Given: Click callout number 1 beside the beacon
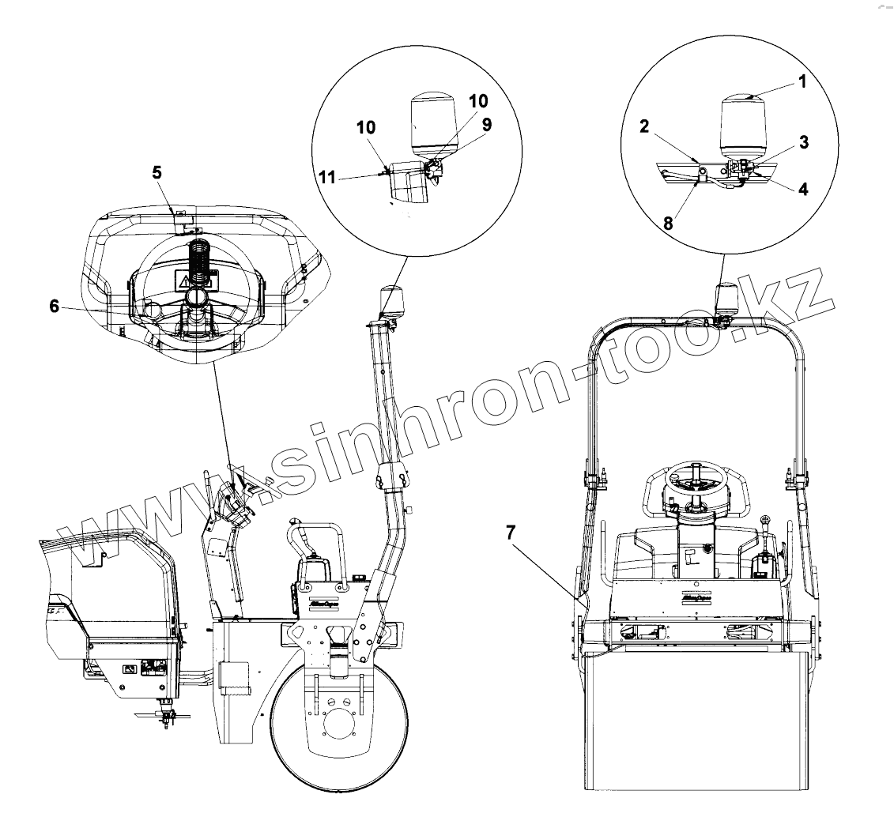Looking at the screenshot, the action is click(x=802, y=81).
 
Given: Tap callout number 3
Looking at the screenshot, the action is click(x=803, y=142).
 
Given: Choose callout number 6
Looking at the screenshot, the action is click(x=55, y=306).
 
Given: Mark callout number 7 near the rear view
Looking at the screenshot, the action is click(x=511, y=533).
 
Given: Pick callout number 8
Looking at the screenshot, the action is click(x=668, y=224).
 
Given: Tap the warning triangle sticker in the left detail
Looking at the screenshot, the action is click(x=184, y=280).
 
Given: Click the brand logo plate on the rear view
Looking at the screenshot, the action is click(x=694, y=598).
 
